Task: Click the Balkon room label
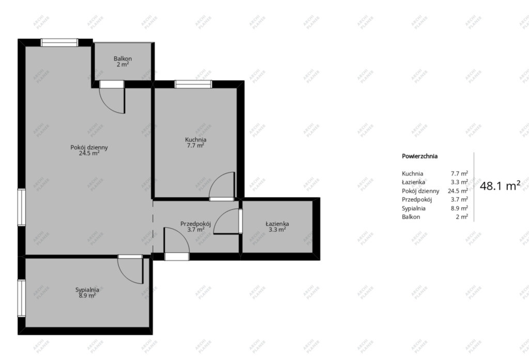click(122, 58)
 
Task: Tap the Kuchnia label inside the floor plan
click(196, 139)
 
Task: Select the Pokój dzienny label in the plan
click(89, 147)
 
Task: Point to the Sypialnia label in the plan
click(87, 290)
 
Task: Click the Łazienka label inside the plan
click(277, 224)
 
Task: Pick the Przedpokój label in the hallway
click(196, 224)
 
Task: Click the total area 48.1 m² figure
click(500, 185)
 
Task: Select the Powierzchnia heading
click(419, 156)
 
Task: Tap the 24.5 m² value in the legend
click(458, 191)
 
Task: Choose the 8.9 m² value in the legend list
click(459, 208)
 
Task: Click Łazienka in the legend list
click(413, 182)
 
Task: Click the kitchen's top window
click(193, 84)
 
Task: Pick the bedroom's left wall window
click(22, 298)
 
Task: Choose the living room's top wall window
click(59, 42)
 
